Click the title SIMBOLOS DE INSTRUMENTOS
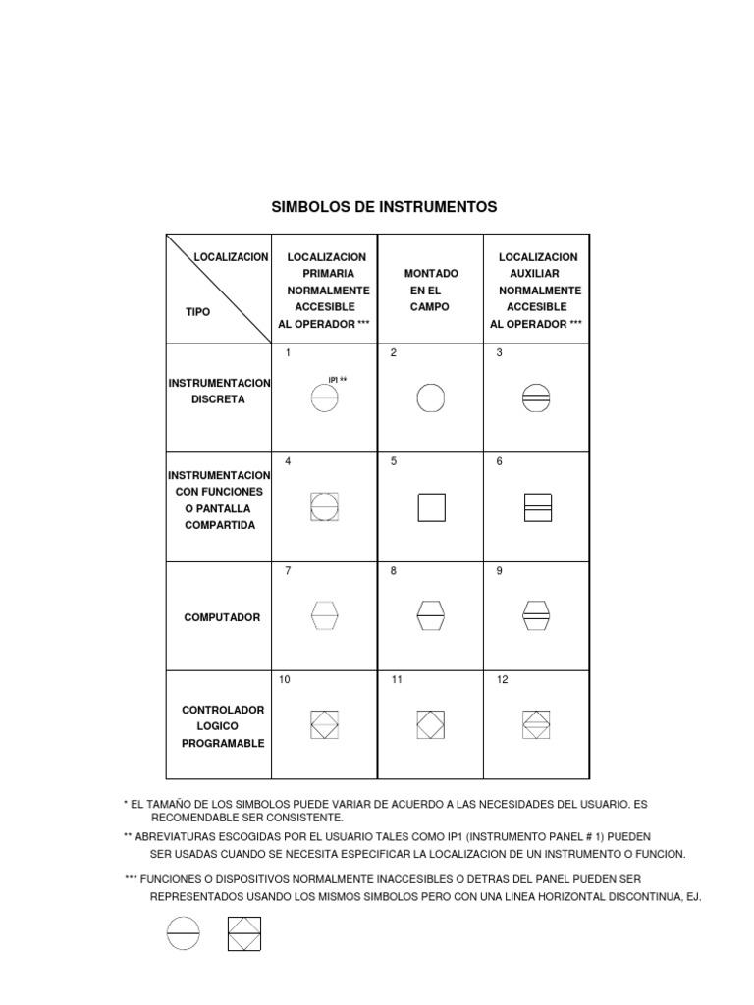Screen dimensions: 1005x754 (x=384, y=207)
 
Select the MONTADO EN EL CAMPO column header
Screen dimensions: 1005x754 (x=431, y=290)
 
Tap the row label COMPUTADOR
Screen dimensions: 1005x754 (x=222, y=617)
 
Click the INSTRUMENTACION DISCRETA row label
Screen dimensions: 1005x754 (x=220, y=391)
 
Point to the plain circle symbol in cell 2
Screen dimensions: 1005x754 (x=431, y=398)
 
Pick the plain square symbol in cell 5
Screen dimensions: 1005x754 (x=431, y=507)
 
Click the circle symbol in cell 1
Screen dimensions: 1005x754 (x=324, y=398)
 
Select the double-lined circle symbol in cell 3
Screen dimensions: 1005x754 (x=537, y=398)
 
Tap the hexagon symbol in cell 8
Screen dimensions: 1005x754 (x=431, y=615)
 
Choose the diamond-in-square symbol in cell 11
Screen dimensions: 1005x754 (x=431, y=724)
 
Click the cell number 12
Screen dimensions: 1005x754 (x=502, y=679)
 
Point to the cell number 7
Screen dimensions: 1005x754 (x=288, y=571)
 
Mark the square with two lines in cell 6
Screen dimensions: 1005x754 (x=537, y=507)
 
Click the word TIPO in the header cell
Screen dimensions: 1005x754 (x=198, y=311)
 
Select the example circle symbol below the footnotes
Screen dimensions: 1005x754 (x=184, y=933)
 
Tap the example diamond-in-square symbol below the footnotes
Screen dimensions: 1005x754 (x=243, y=933)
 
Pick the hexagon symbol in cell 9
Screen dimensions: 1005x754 (x=537, y=615)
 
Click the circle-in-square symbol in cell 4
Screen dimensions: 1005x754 (x=324, y=507)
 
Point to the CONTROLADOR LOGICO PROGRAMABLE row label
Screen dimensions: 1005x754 (x=222, y=726)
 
